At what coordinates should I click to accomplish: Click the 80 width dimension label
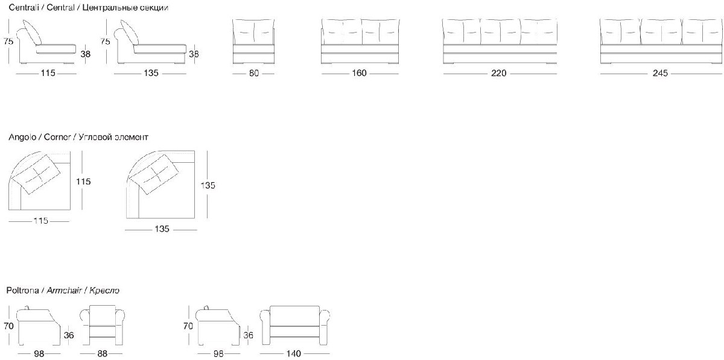253,74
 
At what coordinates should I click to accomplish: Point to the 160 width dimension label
360,74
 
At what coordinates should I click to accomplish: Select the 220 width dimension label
498,74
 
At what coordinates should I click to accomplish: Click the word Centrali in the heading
22,8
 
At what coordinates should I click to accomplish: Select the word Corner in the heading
57,137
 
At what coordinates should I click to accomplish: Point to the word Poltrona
23,291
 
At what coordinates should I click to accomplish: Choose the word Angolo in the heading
22,137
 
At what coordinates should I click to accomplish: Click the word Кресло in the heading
104,291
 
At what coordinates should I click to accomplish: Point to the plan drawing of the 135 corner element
162,185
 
